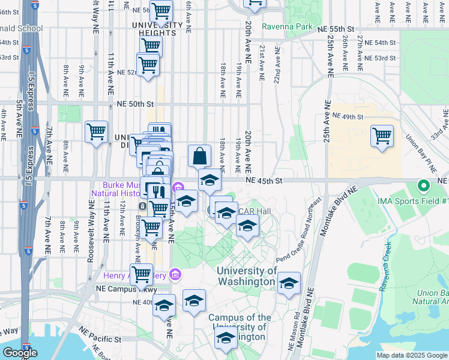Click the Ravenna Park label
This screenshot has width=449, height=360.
287,27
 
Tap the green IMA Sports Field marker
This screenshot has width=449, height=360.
423,187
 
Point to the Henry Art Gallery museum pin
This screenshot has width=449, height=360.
175,275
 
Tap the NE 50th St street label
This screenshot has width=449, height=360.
131,104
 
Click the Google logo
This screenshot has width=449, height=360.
20,353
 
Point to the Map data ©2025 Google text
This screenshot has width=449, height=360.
412,355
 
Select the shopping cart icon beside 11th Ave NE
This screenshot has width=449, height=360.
96,131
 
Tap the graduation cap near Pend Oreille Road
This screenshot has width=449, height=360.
289,284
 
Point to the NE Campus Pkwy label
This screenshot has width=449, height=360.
118,289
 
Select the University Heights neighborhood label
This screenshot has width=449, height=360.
157,28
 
